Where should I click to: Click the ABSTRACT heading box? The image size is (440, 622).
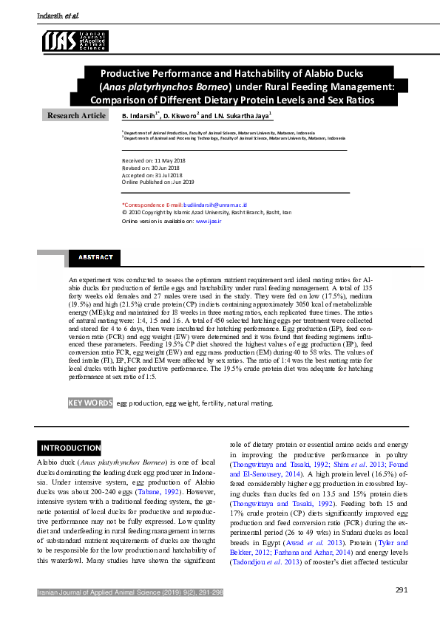pyautogui.click(x=92, y=257)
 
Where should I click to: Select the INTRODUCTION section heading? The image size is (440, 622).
pyautogui.click(x=70, y=448)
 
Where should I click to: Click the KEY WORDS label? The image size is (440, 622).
pyautogui.click(x=90, y=403)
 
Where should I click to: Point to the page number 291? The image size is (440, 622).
pyautogui.click(x=402, y=589)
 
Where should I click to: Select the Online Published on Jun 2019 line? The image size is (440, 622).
pyautogui.click(x=158, y=182)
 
